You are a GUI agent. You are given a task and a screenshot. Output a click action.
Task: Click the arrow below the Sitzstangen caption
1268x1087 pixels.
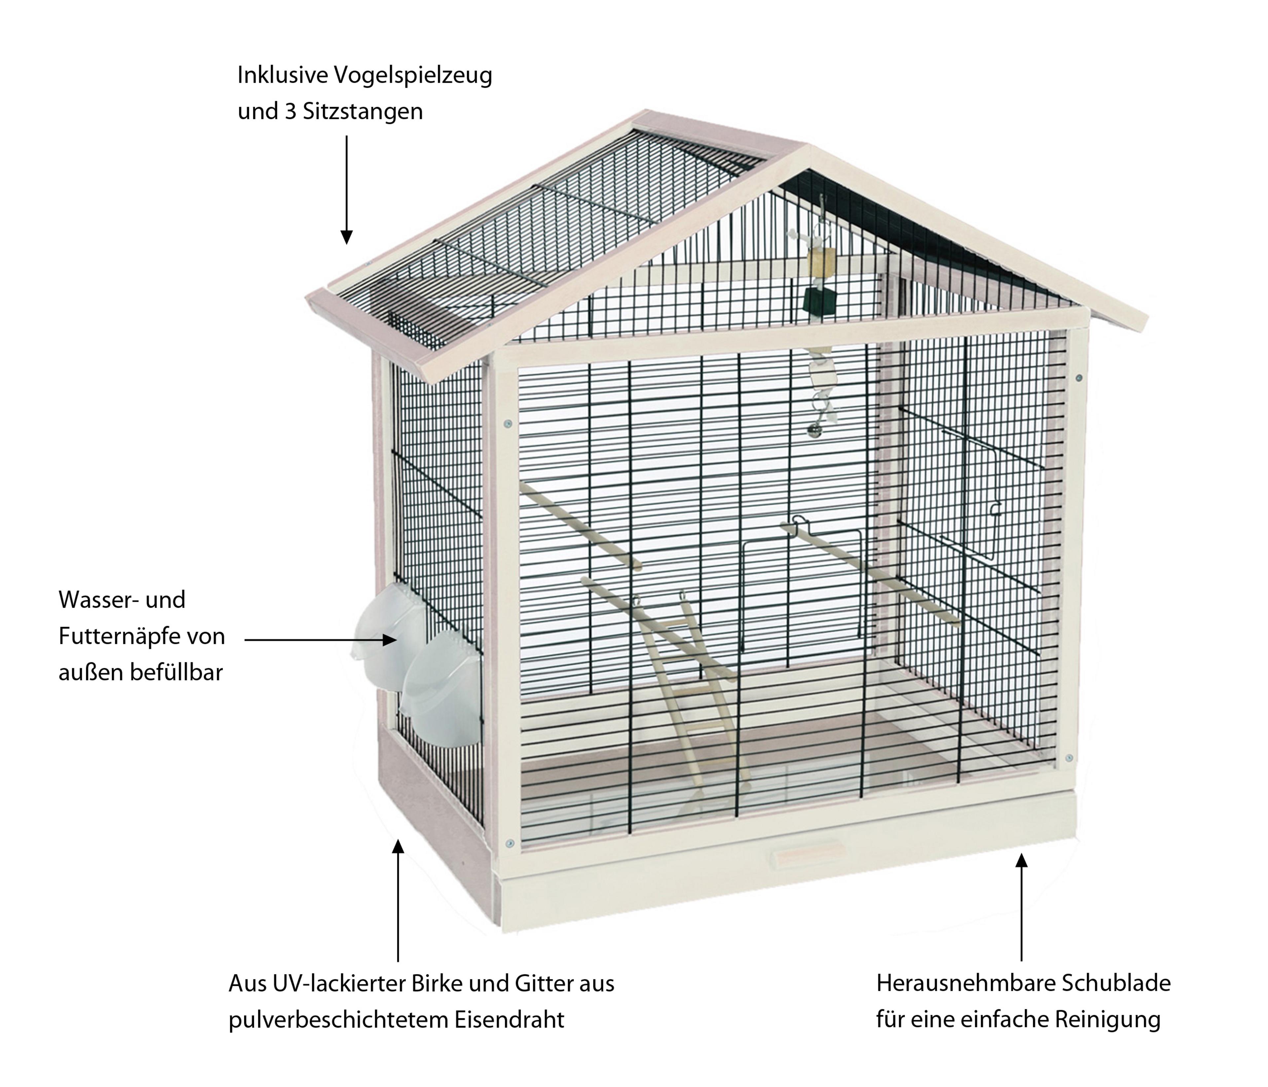346,190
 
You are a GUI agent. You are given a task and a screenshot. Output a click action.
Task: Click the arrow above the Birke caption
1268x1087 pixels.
398,900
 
